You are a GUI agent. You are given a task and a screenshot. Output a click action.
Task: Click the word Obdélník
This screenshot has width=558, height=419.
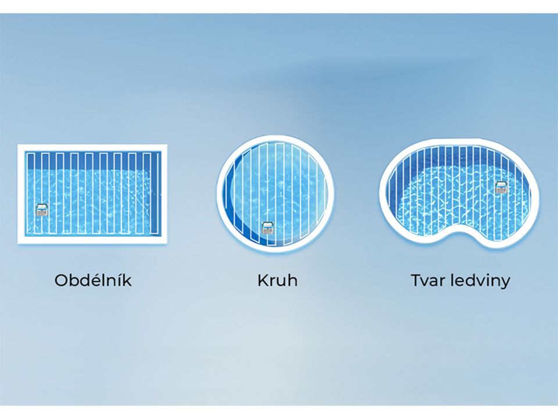(x=93, y=280)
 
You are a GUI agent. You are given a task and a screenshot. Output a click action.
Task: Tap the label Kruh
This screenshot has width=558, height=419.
(x=277, y=280)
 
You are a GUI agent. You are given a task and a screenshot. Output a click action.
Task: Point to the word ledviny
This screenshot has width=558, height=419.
(x=480, y=281)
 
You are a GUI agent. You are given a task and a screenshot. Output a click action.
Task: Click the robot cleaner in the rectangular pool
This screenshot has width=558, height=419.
(x=42, y=210)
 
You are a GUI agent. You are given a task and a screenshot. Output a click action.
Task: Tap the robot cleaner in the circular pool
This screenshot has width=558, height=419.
(x=267, y=228)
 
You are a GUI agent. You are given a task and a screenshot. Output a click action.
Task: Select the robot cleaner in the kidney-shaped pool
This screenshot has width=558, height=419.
(x=502, y=187)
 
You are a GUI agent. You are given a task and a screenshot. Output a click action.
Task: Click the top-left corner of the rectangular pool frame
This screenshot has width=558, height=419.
(x=18, y=145)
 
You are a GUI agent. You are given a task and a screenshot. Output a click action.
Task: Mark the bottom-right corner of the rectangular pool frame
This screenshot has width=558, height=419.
(x=167, y=244)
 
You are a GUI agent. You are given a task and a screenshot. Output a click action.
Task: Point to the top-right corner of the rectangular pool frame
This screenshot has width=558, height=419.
(x=167, y=145)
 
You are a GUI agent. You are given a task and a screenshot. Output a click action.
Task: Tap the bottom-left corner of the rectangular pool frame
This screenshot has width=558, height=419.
(x=18, y=244)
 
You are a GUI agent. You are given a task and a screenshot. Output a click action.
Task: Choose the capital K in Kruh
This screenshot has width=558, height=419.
(x=263, y=280)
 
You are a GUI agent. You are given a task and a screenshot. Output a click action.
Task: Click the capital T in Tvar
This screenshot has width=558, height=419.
(x=416, y=280)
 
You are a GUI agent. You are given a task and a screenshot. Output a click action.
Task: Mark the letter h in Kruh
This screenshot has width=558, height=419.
(x=292, y=280)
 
